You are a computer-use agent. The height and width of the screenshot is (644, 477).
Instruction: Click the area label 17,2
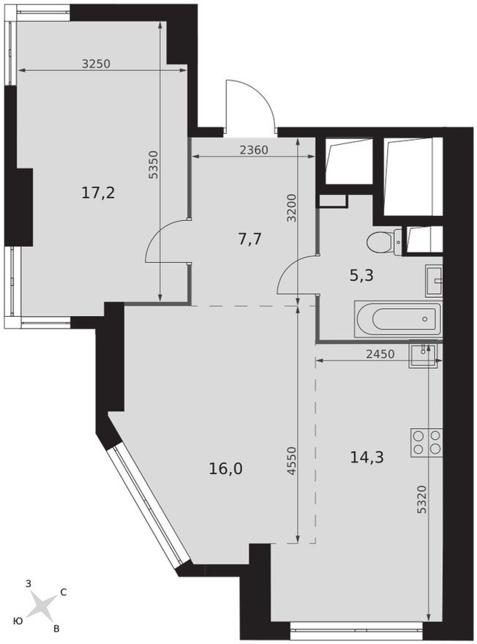[99, 193]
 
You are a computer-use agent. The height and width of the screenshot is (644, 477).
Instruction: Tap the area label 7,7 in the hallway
[250, 239]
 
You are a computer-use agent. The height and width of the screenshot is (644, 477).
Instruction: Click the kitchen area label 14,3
[367, 457]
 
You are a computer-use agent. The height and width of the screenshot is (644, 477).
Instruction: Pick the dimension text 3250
[95, 64]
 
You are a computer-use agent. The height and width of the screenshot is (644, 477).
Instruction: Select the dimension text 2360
[254, 151]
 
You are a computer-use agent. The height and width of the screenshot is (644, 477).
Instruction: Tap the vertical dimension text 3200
[291, 208]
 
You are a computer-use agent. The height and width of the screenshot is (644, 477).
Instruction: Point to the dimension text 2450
[380, 353]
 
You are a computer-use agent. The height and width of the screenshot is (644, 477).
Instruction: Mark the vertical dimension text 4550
[291, 462]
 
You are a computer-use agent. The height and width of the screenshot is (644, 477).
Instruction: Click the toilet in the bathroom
[383, 241]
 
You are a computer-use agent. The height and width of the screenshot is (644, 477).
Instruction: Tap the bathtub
[398, 319]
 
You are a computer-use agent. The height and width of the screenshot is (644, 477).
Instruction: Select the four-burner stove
[427, 442]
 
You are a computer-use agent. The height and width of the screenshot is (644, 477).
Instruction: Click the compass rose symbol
[44, 606]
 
